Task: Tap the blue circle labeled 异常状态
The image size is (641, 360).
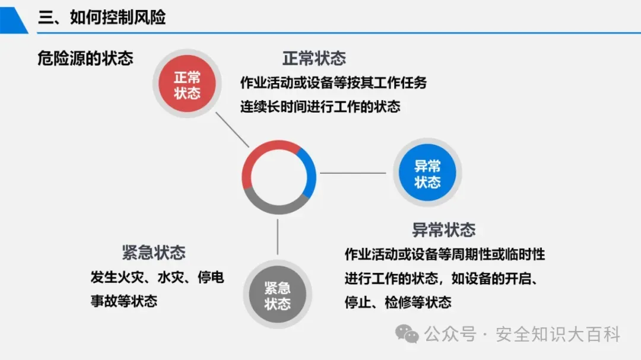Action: click(x=427, y=173)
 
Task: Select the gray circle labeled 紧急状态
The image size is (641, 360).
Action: click(x=277, y=295)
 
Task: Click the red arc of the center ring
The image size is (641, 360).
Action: click(x=261, y=154)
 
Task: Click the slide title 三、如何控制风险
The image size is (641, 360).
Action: click(x=101, y=17)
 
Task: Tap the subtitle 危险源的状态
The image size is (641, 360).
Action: click(x=85, y=58)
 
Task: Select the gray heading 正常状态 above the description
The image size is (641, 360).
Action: click(x=314, y=58)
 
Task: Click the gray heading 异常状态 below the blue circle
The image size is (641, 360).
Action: click(x=444, y=230)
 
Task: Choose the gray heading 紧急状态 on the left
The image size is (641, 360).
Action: click(x=154, y=252)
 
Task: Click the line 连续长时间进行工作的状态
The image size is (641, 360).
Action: click(x=320, y=107)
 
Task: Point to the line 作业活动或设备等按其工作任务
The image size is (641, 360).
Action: click(x=334, y=82)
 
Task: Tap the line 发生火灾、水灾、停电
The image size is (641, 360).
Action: click(x=157, y=277)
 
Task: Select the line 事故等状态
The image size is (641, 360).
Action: click(x=124, y=301)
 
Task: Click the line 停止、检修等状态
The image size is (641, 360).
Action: click(x=398, y=302)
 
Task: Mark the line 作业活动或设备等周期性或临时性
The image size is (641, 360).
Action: click(x=445, y=254)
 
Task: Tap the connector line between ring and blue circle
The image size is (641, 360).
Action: click(x=354, y=173)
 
